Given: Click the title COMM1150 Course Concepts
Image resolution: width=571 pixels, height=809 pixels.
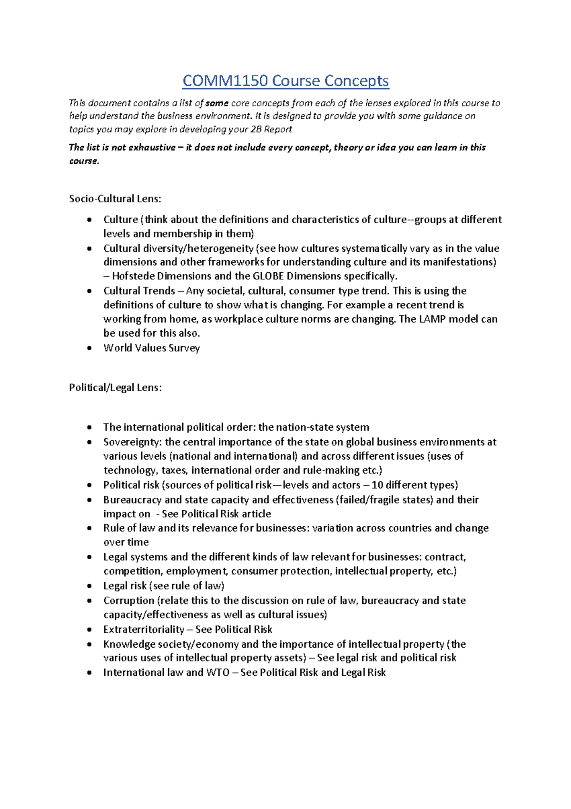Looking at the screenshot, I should [285, 81].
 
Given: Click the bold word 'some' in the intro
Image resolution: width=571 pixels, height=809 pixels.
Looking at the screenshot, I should [217, 103].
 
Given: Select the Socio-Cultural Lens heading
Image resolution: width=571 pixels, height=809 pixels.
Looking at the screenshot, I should [115, 199].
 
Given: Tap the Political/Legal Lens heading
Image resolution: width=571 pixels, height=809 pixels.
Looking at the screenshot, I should [115, 388].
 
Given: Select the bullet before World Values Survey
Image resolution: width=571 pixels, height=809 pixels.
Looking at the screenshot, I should [89, 348].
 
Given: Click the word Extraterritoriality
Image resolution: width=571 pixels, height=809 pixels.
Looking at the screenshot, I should [144, 630].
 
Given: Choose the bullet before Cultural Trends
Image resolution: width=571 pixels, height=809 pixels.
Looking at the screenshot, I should [89, 291].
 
